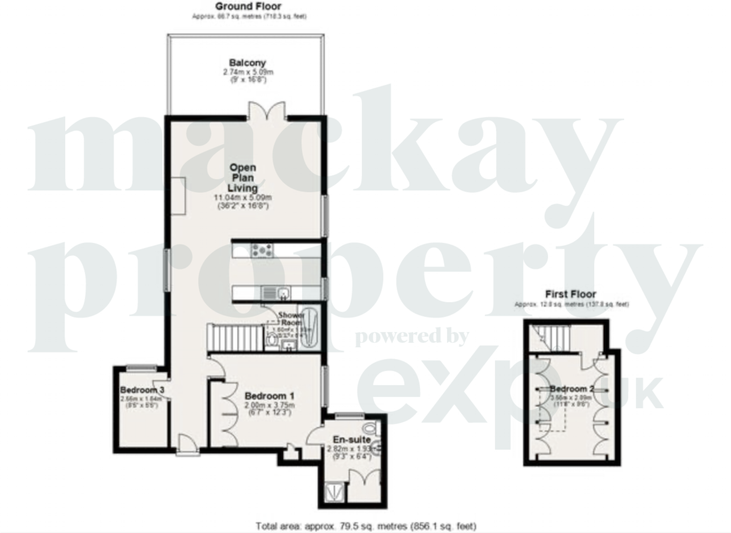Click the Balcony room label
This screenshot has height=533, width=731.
point(247,63)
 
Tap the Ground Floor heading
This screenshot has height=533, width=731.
point(248,7)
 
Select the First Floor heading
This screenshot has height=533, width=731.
point(570,294)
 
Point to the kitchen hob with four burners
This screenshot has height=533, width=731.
point(262,250)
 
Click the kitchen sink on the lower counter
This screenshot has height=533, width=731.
point(283,293)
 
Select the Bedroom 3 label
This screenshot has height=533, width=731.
point(142,390)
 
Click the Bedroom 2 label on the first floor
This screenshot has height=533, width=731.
point(571,389)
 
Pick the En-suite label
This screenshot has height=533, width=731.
point(351,440)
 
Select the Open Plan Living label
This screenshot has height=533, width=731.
point(242,177)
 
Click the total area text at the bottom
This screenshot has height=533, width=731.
point(365,526)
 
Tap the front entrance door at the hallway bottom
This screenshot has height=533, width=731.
point(188,446)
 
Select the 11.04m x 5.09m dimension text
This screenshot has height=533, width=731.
point(242,198)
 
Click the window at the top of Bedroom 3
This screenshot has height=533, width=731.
point(141,367)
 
